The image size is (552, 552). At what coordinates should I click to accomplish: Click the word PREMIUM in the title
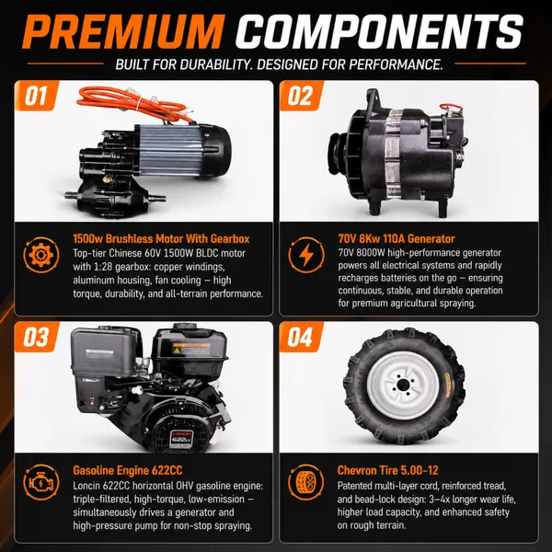click(x=123, y=31)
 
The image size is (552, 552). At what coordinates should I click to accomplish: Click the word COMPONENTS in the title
click(x=379, y=31)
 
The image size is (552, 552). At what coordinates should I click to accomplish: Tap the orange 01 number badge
click(x=37, y=96)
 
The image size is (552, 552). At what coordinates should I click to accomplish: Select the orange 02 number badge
click(x=302, y=96)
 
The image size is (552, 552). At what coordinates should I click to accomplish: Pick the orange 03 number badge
click(x=37, y=337)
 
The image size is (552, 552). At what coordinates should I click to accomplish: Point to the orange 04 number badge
click(x=302, y=337)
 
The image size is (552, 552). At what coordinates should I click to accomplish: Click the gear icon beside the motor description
click(x=41, y=255)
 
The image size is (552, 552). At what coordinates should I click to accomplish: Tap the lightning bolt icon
click(x=306, y=255)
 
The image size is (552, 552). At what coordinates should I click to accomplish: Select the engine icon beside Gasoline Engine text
click(x=41, y=482)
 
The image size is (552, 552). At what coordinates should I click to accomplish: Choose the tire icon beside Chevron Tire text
click(x=306, y=482)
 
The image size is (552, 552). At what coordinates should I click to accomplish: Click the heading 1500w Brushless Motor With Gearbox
click(x=161, y=238)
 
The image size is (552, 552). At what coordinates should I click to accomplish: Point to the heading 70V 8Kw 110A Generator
click(x=397, y=238)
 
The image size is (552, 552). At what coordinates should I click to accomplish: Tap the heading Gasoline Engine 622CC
click(x=128, y=470)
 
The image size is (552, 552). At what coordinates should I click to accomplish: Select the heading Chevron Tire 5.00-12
click(x=387, y=470)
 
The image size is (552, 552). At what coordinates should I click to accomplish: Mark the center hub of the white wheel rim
click(x=403, y=386)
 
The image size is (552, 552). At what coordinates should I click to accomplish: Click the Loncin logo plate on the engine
click(x=181, y=439)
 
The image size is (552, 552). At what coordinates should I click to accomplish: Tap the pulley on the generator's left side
click(x=339, y=155)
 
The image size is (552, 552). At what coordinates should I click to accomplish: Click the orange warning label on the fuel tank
click(x=191, y=349)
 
